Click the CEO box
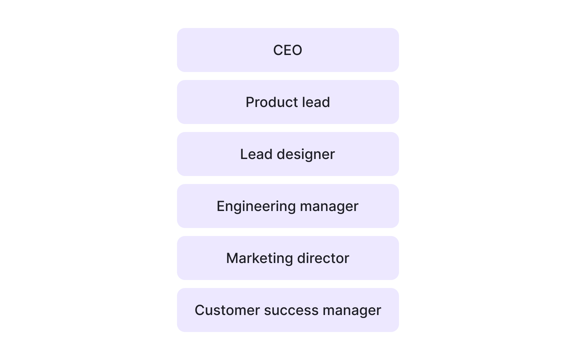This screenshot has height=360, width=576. (288, 50)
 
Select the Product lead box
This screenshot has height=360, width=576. (288, 102)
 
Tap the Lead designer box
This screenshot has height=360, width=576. (288, 154)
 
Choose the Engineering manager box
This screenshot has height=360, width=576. (288, 206)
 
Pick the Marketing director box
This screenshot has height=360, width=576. (288, 258)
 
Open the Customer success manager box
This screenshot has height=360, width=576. (288, 310)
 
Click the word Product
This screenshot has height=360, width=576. (271, 102)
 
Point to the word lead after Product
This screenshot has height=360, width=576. (316, 102)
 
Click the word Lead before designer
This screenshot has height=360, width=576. (256, 154)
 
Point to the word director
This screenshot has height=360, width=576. (323, 258)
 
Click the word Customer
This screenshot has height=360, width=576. (227, 310)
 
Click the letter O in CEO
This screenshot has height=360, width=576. (297, 50)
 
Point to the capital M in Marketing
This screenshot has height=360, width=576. (232, 258)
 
